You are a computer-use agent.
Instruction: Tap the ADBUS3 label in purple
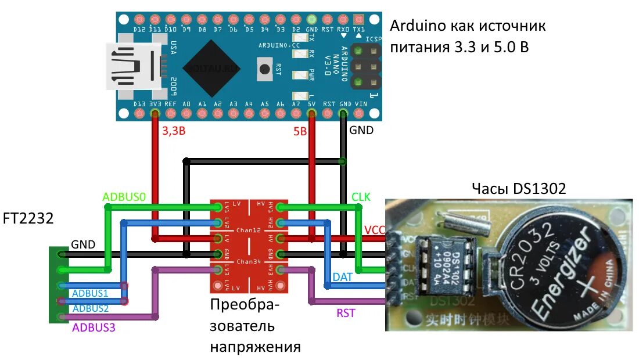pos(94,327)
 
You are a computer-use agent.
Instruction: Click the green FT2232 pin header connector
pos(58,285)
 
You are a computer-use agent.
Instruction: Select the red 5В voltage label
pos(300,131)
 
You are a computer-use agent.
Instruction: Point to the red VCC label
pos(375,229)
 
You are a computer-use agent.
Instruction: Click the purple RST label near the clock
pos(346,313)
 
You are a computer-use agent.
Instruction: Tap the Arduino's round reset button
pos(265,69)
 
